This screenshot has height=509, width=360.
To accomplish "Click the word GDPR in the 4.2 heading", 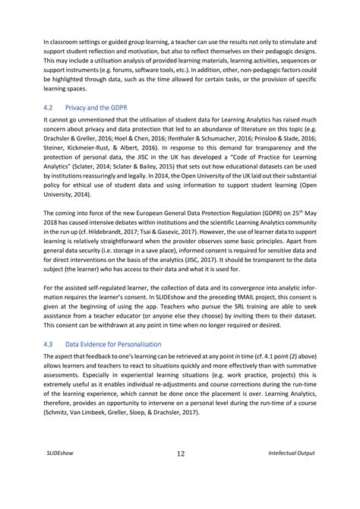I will (129, 108).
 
